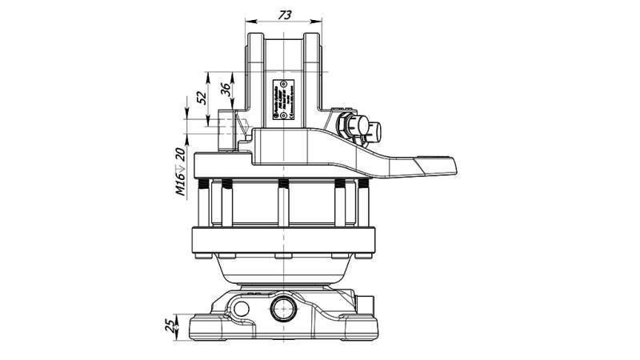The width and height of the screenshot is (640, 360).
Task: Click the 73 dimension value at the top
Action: pos(284,14)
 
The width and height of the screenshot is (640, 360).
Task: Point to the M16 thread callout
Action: pos(181,182)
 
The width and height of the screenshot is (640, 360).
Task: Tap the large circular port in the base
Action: pos(283,308)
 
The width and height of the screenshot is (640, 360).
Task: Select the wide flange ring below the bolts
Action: pos(283,239)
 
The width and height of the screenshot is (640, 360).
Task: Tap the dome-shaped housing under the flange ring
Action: pos(283,270)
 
